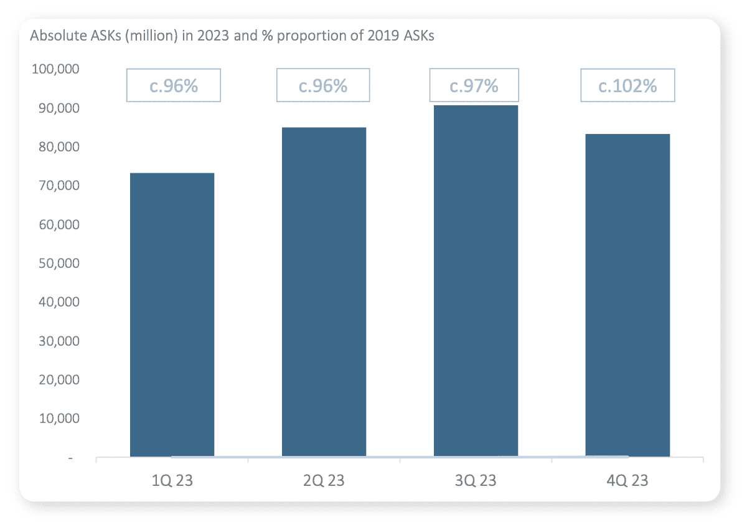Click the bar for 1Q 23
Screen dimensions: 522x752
172,315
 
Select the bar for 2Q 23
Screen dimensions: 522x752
324,292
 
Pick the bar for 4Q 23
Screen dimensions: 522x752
627,295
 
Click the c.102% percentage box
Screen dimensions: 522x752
627,85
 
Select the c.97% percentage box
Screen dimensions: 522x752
474,85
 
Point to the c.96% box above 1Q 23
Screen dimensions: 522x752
174,85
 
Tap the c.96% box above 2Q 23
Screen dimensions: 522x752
323,85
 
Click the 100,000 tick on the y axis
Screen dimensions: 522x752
55,69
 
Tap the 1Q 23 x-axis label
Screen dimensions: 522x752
172,481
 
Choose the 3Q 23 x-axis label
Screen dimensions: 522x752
476,481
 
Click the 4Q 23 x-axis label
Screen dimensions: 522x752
627,481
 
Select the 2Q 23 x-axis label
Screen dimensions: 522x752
324,481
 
